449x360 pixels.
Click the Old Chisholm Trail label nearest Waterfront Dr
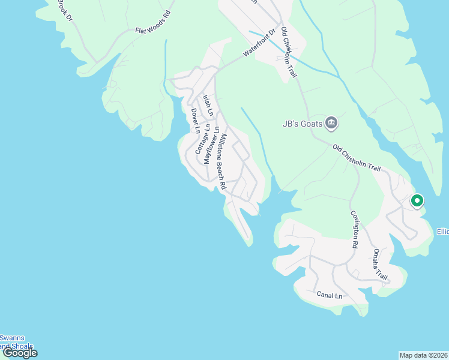click(x=289, y=53)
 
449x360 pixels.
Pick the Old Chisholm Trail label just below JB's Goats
click(x=357, y=157)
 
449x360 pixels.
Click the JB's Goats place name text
click(x=303, y=124)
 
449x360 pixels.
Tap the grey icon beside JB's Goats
click(x=331, y=124)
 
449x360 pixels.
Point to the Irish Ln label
click(x=208, y=104)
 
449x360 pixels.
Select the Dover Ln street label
click(x=194, y=121)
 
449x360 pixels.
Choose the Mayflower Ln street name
click(x=211, y=144)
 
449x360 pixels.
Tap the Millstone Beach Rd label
click(x=221, y=161)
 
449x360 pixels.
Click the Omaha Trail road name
click(x=380, y=264)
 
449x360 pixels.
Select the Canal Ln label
click(x=329, y=295)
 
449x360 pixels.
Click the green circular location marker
click(x=417, y=201)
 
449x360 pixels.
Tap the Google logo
click(x=19, y=353)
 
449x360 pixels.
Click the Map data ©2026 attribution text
click(x=423, y=355)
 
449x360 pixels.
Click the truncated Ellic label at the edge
click(x=442, y=232)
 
